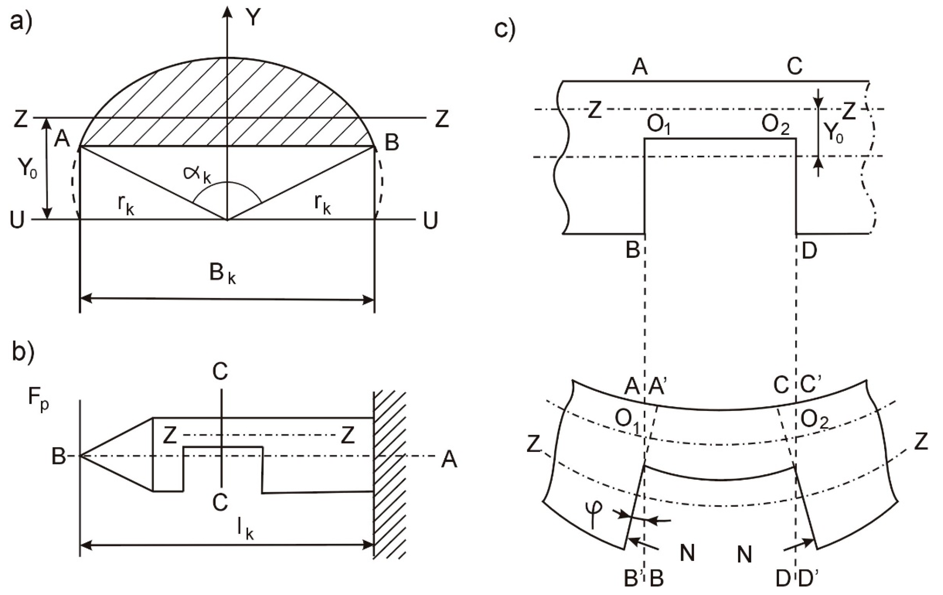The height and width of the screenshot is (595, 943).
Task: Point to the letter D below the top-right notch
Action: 809,250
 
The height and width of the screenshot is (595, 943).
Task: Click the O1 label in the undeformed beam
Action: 659,125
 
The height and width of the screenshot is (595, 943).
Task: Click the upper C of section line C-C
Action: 220,372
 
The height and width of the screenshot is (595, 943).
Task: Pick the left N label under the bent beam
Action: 687,554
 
